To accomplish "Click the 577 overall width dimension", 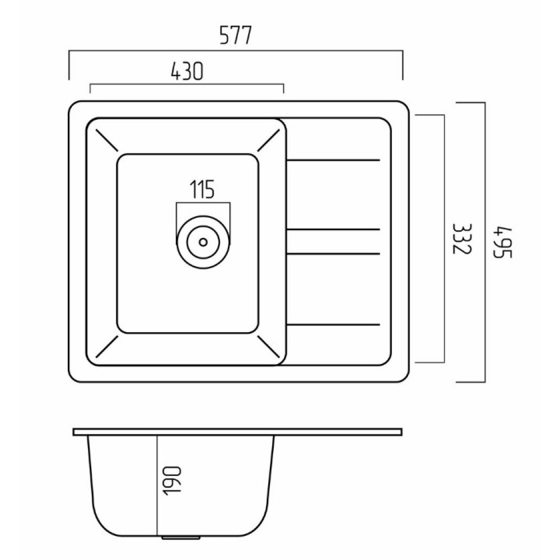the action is pyautogui.click(x=236, y=35).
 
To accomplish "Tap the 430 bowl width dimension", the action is pyautogui.click(x=187, y=71).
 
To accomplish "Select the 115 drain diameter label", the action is pyautogui.click(x=202, y=189).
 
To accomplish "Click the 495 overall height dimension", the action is pyautogui.click(x=502, y=242).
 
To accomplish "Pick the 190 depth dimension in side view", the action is pyautogui.click(x=173, y=480).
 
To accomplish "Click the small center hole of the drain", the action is pyautogui.click(x=203, y=242).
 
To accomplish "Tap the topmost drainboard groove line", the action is pyautogui.click(x=333, y=160).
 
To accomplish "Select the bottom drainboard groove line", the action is pyautogui.click(x=333, y=324).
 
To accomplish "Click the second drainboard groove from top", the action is pyautogui.click(x=333, y=229).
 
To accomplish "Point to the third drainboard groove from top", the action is pyautogui.click(x=333, y=254).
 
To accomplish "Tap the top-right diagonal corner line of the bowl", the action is pyautogui.click(x=268, y=140).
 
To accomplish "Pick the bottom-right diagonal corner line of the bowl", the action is pyautogui.click(x=268, y=347).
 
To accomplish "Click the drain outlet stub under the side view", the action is pyautogui.click(x=180, y=537).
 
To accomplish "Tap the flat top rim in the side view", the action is pyautogui.click(x=237, y=432).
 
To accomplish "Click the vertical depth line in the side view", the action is pyautogui.click(x=157, y=486).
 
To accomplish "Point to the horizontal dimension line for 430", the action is pyautogui.click(x=187, y=85).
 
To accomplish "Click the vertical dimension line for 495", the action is pyautogui.click(x=484, y=242).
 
